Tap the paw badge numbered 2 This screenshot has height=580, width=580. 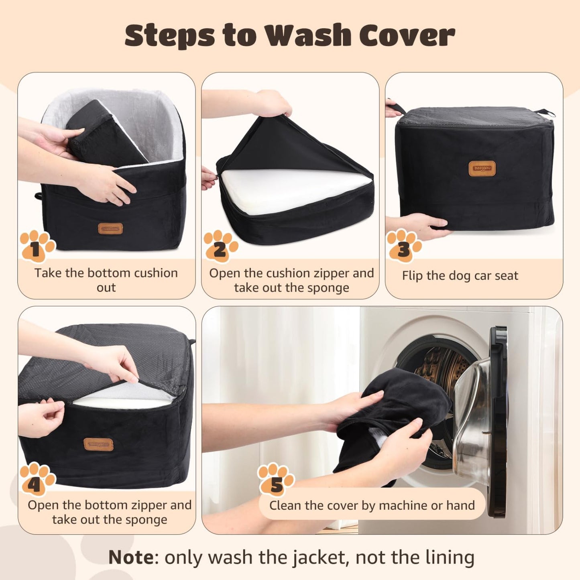(x=220, y=246)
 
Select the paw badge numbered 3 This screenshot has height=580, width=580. (x=404, y=246)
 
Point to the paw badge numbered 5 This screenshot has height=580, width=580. (x=276, y=480)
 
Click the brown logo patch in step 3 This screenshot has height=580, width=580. (x=482, y=169)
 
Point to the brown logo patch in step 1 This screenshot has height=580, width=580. (x=110, y=229)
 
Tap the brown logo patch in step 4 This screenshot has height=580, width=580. (x=98, y=444)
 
